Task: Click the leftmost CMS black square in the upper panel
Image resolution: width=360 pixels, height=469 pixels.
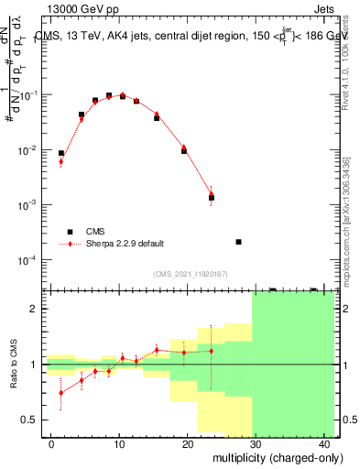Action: click(61, 154)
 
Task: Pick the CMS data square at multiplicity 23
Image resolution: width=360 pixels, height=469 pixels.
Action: click(211, 198)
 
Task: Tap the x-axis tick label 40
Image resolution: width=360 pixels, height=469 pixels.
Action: click(325, 444)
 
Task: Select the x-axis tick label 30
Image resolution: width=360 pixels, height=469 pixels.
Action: click(257, 444)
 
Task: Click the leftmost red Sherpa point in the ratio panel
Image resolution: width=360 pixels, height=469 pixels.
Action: click(61, 393)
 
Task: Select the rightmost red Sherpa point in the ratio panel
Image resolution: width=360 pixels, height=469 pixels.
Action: click(211, 351)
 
